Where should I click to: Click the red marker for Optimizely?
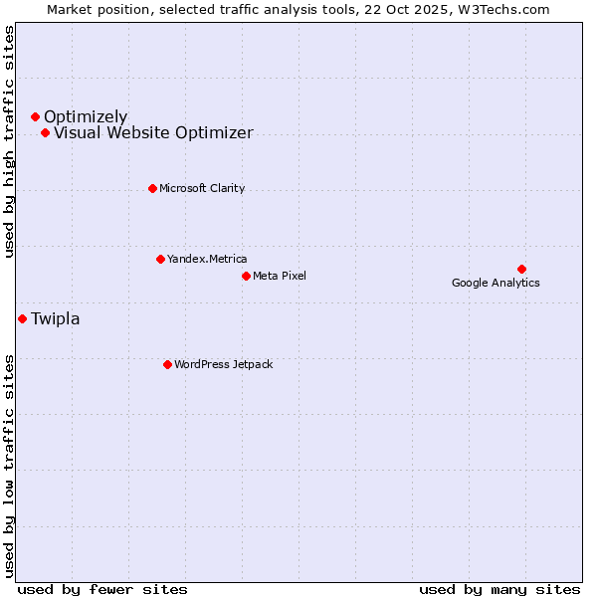tap(35, 117)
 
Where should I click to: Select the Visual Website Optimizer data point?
tap(45, 133)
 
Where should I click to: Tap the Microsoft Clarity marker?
tap(152, 188)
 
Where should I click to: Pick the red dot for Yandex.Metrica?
tap(160, 259)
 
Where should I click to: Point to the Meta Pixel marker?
tap(246, 276)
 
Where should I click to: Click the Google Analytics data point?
tap(521, 269)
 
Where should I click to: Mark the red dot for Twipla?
tap(22, 318)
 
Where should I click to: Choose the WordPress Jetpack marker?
tap(167, 364)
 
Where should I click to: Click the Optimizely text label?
tap(86, 117)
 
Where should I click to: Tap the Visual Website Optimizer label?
tap(153, 133)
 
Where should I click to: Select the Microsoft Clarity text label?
tap(202, 188)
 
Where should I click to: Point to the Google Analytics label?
tap(496, 283)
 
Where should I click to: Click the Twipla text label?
tap(56, 319)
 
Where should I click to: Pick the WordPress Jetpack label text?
tap(223, 364)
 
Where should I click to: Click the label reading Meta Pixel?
tap(280, 276)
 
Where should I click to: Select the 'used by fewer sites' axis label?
tap(102, 589)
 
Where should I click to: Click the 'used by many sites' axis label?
tap(499, 589)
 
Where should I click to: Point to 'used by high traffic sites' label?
tap(10, 141)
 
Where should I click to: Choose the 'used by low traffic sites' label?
tap(10, 465)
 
